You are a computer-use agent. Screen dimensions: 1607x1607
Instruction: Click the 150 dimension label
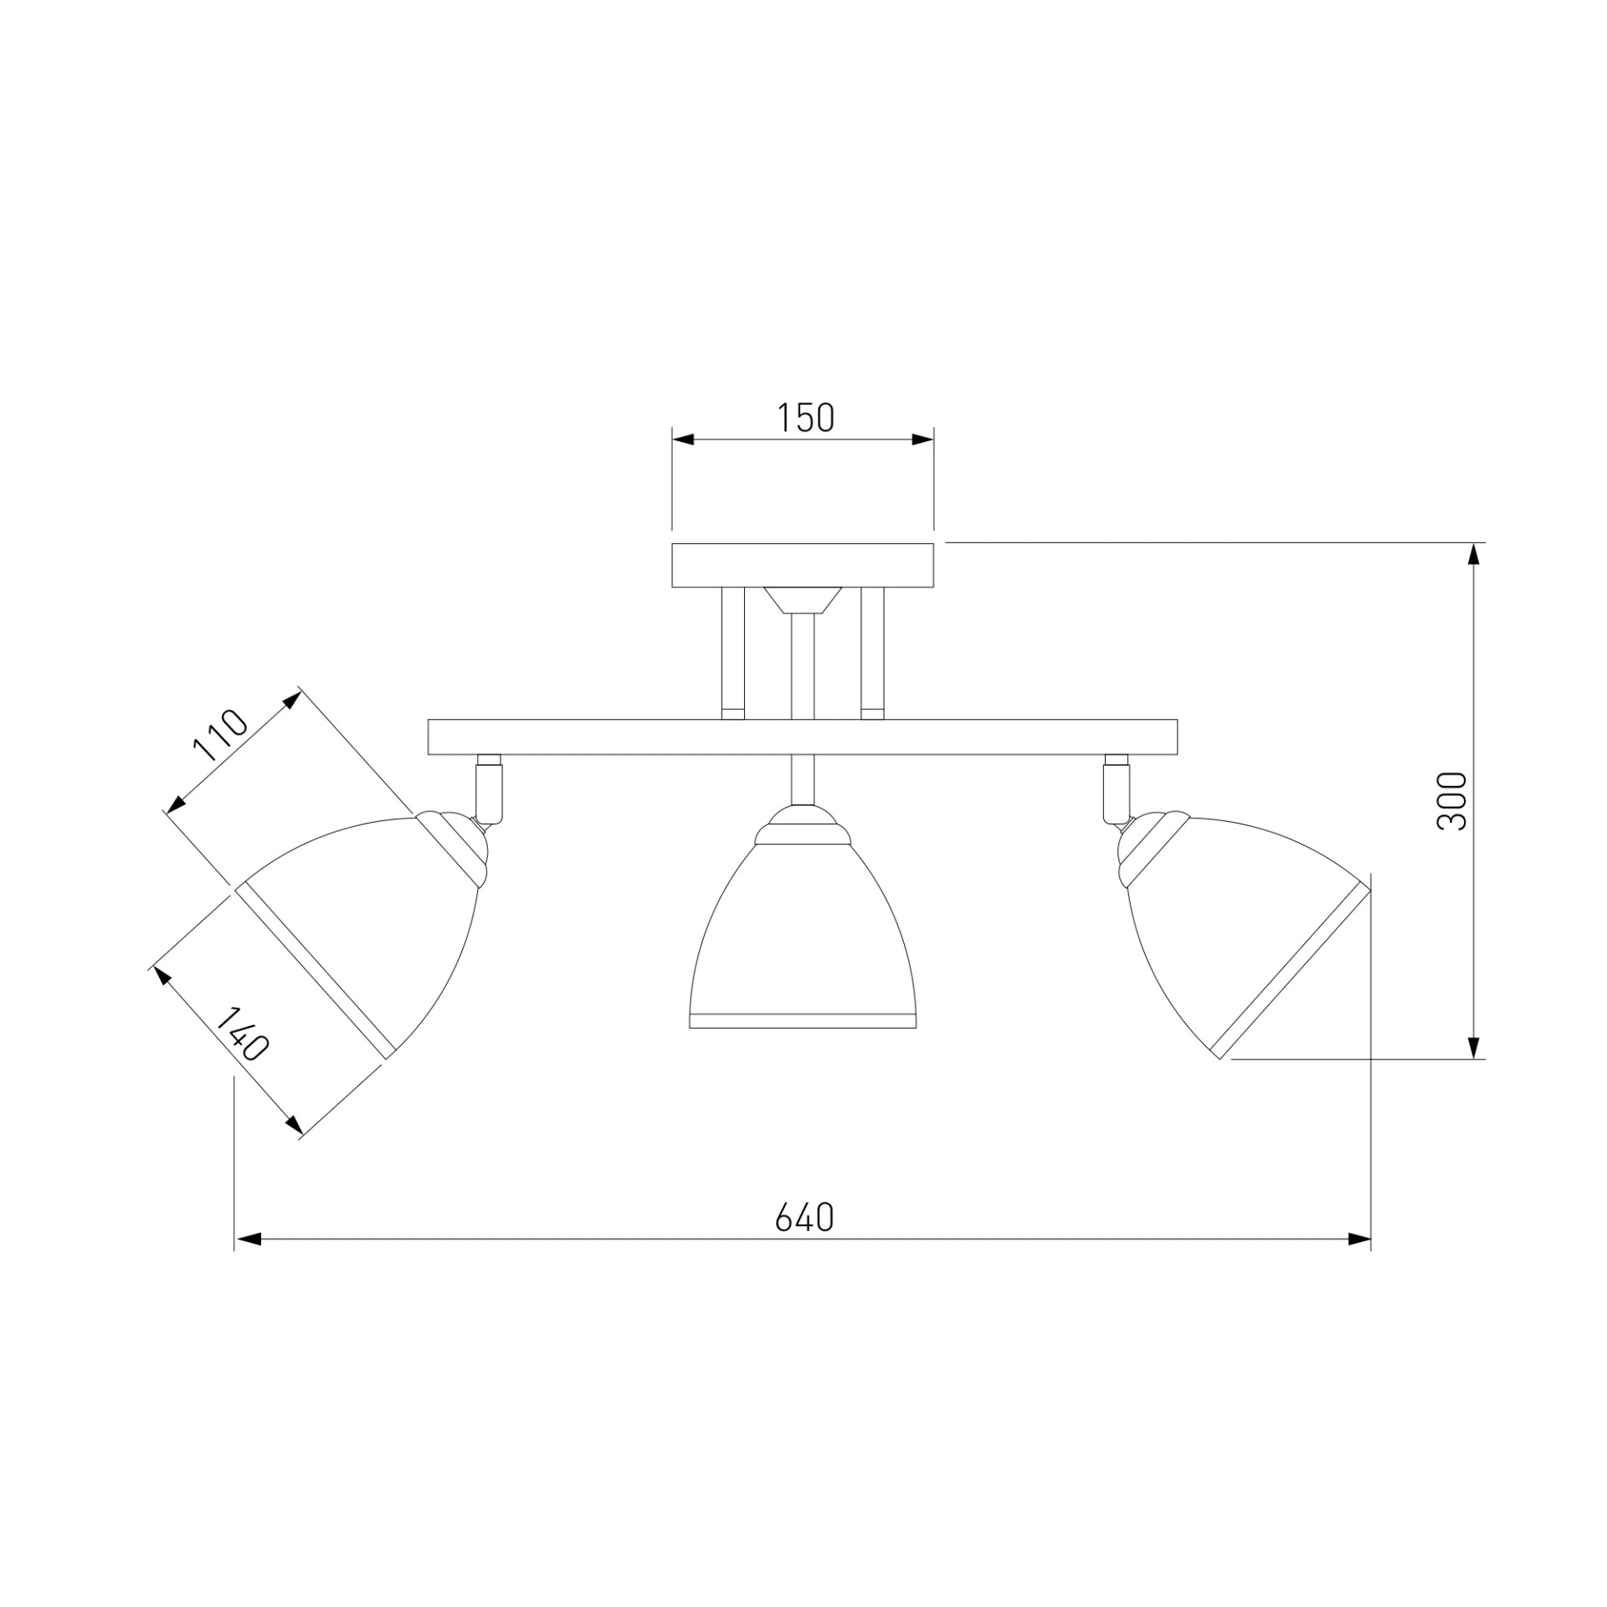point(806,418)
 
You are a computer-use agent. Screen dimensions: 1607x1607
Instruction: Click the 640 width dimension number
point(804,1219)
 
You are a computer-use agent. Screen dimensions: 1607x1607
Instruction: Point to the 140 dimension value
point(242,1035)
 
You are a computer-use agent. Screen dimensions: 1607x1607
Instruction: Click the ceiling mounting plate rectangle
point(803,565)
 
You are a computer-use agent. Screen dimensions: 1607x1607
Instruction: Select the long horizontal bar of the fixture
point(803,737)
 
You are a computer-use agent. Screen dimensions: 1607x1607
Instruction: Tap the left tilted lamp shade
point(360,929)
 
